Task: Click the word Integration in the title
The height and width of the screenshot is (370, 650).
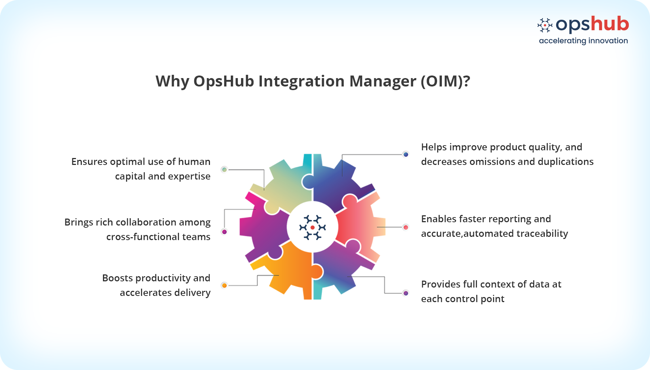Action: pyautogui.click(x=302, y=81)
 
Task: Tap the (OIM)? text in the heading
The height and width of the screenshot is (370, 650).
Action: pyautogui.click(x=445, y=81)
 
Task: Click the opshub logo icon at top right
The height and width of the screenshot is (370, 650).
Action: pyautogui.click(x=545, y=25)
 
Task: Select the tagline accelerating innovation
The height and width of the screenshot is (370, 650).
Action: pyautogui.click(x=583, y=41)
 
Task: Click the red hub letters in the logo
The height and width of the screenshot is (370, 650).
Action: pyautogui.click(x=610, y=24)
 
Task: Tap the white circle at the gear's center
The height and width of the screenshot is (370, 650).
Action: pyautogui.click(x=313, y=227)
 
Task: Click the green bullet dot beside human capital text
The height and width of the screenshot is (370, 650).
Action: pyautogui.click(x=225, y=169)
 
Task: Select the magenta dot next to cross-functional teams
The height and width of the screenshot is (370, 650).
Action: pyautogui.click(x=225, y=232)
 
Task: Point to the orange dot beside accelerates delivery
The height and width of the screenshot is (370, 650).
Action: pyautogui.click(x=225, y=285)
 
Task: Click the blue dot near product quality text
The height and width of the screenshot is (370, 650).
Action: pyautogui.click(x=406, y=154)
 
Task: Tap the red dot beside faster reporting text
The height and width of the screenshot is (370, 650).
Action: pyautogui.click(x=406, y=227)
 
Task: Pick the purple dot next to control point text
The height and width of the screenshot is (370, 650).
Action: pyautogui.click(x=406, y=293)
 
